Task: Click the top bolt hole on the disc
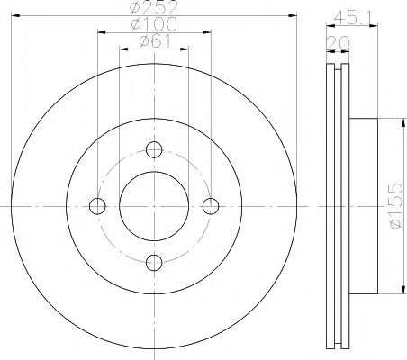click(x=153, y=150)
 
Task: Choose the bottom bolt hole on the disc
click(x=153, y=262)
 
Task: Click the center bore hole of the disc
click(x=153, y=206)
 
